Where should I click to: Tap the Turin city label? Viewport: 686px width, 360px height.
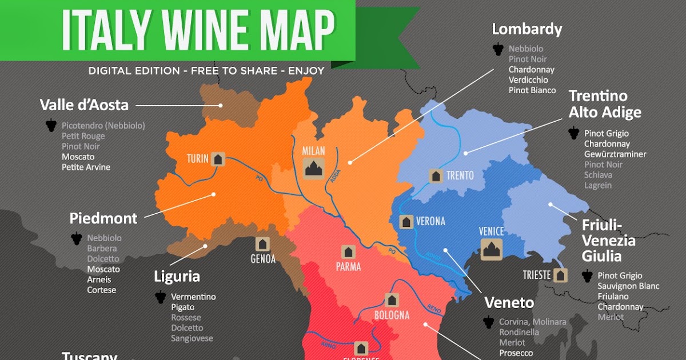coord(197,159)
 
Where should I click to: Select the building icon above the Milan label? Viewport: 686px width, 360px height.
coord(314,168)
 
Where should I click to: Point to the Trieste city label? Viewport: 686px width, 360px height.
coord(536,275)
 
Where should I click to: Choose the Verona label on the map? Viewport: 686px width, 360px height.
coord(430,221)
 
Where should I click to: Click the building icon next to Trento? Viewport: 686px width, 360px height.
coord(436,175)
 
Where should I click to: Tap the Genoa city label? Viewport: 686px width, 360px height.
coord(263,259)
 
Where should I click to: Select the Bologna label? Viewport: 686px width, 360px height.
coord(392,315)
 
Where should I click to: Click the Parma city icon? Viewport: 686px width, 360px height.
coord(348,251)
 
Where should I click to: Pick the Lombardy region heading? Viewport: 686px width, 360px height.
coord(527,29)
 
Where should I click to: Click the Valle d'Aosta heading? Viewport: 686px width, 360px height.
coord(84,105)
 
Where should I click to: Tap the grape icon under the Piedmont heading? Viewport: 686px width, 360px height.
coord(76,238)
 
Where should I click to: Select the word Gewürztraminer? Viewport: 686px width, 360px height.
coord(615,154)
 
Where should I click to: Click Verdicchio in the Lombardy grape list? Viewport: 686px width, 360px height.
coord(528,80)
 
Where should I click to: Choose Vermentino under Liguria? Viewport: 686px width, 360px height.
coord(193,297)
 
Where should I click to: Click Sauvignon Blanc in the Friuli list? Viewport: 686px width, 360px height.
coord(628,286)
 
